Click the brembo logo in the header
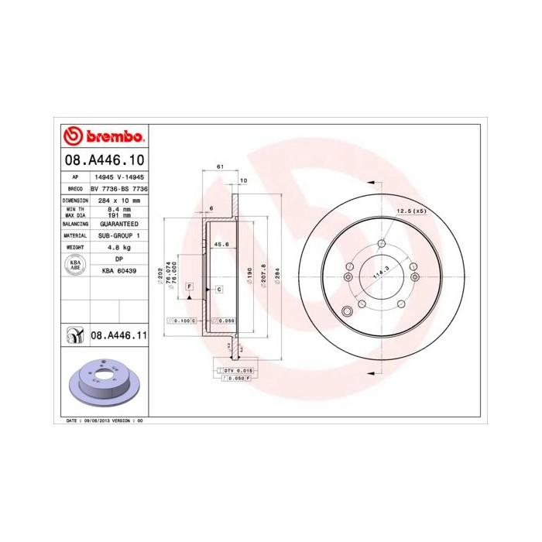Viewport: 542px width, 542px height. click(103, 136)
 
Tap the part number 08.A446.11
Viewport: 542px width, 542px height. click(118, 335)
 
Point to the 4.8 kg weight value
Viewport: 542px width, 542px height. click(118, 247)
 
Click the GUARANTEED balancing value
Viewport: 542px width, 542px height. click(118, 223)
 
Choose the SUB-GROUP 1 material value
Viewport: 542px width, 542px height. click(118, 235)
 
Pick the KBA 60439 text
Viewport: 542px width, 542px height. click(118, 270)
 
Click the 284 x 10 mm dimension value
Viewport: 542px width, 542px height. click(118, 200)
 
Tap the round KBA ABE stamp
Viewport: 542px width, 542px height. click(75, 265)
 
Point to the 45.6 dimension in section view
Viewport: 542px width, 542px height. click(221, 246)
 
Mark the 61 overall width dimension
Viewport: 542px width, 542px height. click(220, 167)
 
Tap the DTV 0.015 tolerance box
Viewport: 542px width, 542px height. click(234, 372)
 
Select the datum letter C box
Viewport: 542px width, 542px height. click(219, 289)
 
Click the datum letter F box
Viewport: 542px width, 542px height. click(188, 286)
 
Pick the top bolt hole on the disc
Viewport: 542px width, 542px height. click(381, 245)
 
